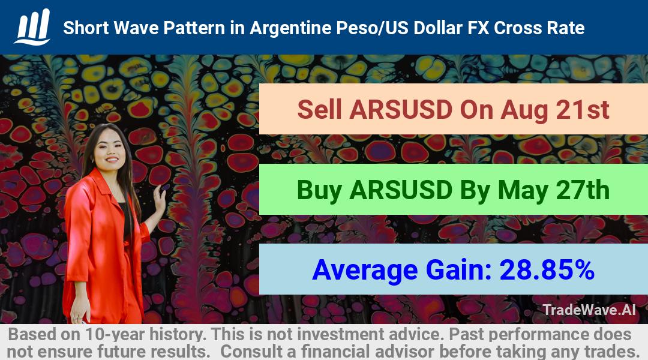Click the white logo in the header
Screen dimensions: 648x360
[x=33, y=27]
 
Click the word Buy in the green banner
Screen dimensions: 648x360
[x=319, y=190]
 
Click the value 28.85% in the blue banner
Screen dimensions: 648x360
[x=547, y=270]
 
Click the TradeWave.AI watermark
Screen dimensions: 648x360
[x=589, y=310]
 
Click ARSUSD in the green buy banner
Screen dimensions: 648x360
[x=401, y=190]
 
